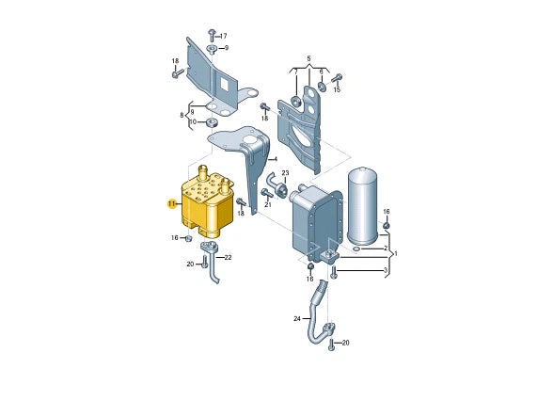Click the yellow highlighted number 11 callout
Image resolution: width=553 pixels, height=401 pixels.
click(172, 204)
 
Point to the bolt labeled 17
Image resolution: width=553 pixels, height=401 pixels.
click(212, 36)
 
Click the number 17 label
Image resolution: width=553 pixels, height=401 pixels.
click(223, 36)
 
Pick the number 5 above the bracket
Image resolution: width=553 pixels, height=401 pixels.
click(308, 58)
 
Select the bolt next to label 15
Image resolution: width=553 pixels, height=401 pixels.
click(338, 77)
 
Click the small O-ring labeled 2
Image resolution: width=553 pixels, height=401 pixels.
click(356, 250)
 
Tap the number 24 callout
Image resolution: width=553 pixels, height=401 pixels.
click(297, 319)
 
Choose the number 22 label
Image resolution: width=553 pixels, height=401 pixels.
click(228, 257)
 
